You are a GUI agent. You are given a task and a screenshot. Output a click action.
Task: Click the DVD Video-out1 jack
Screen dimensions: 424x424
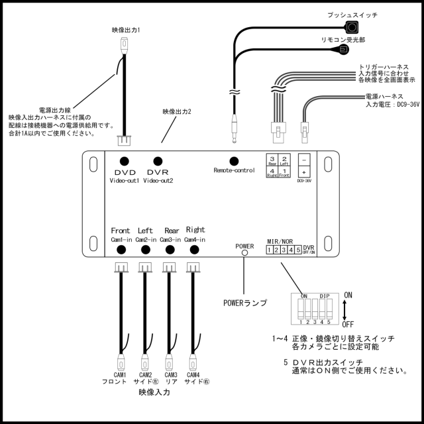pyautogui.click(x=123, y=161)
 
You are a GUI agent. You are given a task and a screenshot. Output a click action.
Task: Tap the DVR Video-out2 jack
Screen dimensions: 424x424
pyautogui.click(x=157, y=161)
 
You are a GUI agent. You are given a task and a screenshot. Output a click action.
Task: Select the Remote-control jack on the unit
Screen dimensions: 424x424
pyautogui.click(x=233, y=160)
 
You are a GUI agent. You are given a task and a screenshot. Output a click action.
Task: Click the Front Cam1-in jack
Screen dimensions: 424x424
pyautogui.click(x=121, y=250)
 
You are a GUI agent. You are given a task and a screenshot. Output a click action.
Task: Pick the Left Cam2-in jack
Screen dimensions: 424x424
pyautogui.click(x=146, y=250)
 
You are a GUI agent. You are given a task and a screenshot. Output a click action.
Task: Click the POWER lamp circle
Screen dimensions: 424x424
pyautogui.click(x=244, y=252)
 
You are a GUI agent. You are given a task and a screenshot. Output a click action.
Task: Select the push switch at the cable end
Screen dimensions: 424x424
pyautogui.click(x=352, y=27)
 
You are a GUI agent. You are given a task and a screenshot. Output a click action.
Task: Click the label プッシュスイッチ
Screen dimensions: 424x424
pyautogui.click(x=352, y=15)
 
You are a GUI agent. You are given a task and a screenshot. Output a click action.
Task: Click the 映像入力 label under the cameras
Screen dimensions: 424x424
pyautogui.click(x=154, y=392)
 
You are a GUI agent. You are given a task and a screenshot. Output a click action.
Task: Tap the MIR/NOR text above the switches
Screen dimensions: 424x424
pyautogui.click(x=280, y=241)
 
